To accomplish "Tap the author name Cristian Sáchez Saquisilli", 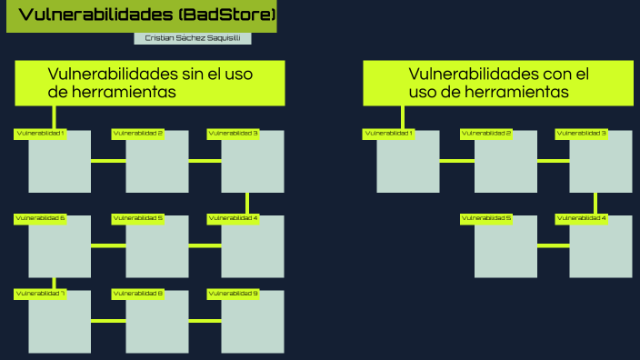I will coord(192,38).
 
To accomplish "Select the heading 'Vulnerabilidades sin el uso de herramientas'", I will coord(150,83).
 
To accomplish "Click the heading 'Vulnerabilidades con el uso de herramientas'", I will coord(498,83).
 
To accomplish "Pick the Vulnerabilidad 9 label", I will coord(233,294).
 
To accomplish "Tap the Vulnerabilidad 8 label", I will coord(137,294).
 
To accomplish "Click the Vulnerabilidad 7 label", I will coord(40,294).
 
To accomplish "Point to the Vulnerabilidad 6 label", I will coord(40,218).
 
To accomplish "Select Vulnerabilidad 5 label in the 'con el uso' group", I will coord(486,218).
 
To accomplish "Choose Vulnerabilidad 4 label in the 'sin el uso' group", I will coord(233,218).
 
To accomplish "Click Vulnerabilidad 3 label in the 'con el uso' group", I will coord(582,134).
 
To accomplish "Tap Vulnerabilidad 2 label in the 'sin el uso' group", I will coord(137,134).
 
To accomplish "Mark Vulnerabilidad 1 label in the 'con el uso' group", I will coord(389,134).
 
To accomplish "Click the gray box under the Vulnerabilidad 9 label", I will coord(253,324).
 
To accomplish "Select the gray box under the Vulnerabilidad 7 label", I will coord(59,324).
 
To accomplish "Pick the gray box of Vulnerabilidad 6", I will coord(59,248).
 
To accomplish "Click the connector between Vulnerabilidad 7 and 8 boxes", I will coord(108,320).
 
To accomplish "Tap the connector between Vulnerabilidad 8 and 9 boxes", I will coord(205,320).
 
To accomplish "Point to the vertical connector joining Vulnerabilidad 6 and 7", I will coord(54,283).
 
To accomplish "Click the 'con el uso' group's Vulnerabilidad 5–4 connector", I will coord(553,245).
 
